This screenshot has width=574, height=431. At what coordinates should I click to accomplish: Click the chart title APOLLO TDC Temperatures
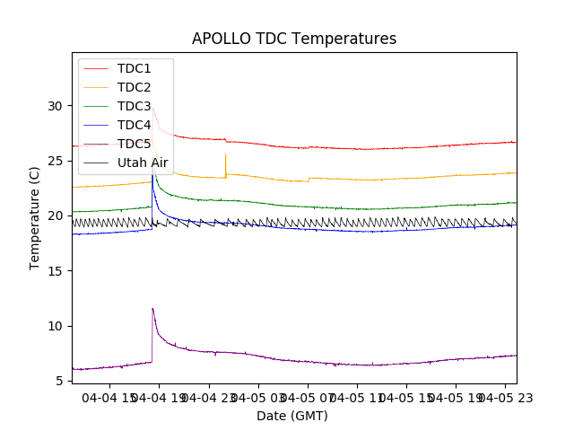coord(294,39)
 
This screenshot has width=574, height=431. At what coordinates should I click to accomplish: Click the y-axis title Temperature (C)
coord(35,218)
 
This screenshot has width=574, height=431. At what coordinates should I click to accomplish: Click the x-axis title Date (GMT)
coord(292,416)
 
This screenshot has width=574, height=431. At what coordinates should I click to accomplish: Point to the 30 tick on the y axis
coord(56,106)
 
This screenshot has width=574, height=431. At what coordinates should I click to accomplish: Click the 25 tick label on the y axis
coord(56,161)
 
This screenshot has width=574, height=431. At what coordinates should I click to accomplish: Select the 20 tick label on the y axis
coord(56,215)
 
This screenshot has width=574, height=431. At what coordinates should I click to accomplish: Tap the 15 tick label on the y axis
coord(56,271)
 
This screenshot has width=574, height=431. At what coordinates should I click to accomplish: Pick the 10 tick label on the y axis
coord(56,326)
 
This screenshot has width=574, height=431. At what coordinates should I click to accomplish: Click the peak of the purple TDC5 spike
coord(152,309)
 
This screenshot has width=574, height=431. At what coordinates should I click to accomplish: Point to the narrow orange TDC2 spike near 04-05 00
coord(225,156)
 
